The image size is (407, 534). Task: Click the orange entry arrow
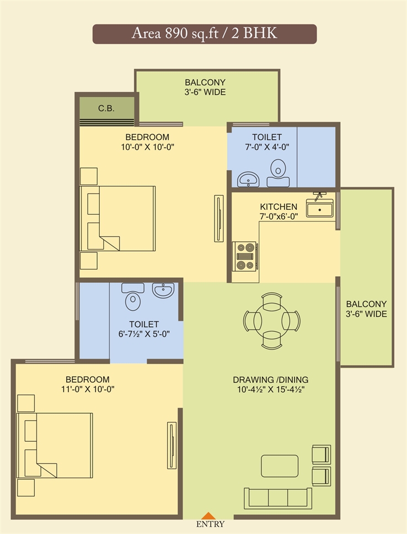click(210, 516)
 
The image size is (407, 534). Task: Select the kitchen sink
click(320, 208)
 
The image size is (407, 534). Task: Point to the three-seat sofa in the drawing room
click(278, 498)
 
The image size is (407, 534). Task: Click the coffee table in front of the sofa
click(280, 466)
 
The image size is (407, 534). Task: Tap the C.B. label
click(106, 108)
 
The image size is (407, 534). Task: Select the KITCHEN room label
click(279, 207)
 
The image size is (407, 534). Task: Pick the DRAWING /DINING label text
click(271, 379)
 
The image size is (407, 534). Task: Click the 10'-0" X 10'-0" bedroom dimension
click(148, 147)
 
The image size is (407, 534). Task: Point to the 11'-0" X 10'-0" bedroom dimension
click(88, 389)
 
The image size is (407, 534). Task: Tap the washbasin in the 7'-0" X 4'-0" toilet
click(248, 179)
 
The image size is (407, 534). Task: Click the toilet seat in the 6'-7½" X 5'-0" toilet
click(133, 297)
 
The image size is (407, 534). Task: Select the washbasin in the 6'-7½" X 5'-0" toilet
click(163, 290)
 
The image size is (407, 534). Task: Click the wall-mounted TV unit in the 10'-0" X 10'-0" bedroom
click(218, 218)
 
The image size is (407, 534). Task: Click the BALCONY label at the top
click(205, 82)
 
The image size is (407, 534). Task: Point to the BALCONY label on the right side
click(366, 304)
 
